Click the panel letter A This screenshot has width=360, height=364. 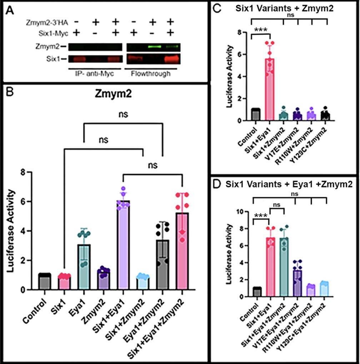pyautogui.click(x=11, y=11)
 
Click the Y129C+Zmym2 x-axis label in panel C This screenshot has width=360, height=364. pyautogui.click(x=318, y=141)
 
